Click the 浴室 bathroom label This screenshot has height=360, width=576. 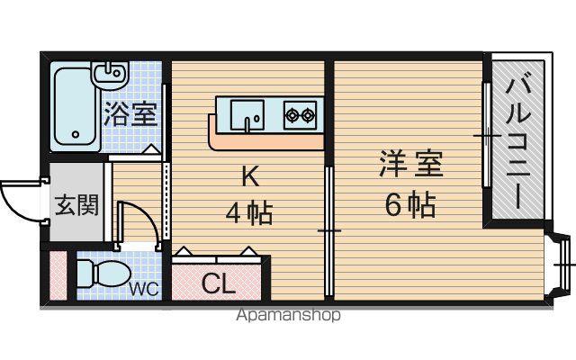pos(130,113)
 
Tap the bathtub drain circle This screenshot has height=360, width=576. pos(76,134)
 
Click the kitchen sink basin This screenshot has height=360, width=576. pos(247,115)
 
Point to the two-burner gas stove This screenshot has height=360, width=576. pos(300,115)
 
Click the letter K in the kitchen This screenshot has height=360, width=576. pos(250,176)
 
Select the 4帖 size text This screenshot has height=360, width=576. pos(249,213)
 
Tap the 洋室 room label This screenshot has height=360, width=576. pos(411,164)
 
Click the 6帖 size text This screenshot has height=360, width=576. pos(410,204)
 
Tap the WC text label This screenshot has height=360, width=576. pos(144,289)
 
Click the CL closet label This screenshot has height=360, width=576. pos(219,283)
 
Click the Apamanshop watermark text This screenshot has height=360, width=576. pos(288,315)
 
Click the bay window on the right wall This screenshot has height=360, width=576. pos(560,265)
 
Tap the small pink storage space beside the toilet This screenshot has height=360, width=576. pos(58,275)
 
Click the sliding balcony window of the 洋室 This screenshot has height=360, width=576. pos(487,135)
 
